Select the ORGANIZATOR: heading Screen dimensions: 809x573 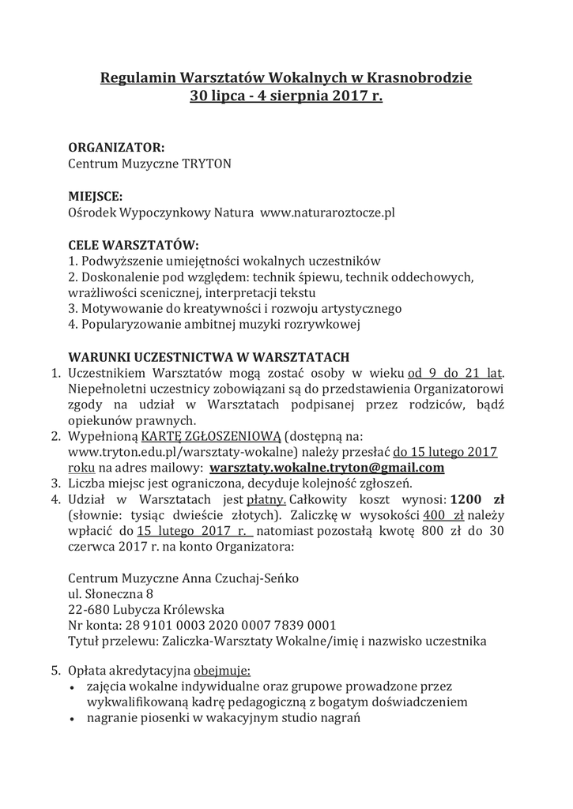click(x=117, y=147)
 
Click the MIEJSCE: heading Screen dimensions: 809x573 click(x=96, y=195)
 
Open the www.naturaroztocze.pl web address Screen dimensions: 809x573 click(x=327, y=213)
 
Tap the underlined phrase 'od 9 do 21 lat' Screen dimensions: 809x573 click(x=456, y=372)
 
